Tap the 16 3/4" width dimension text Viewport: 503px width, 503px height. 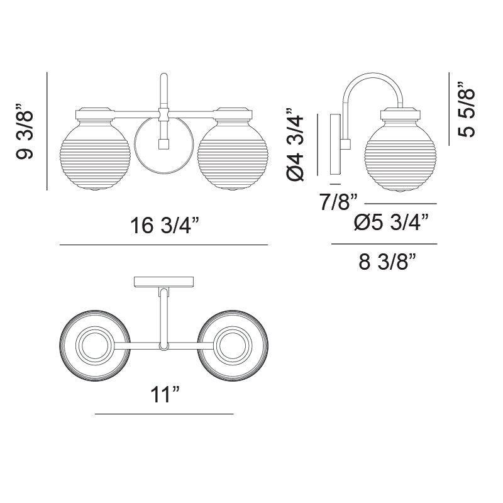pyautogui.click(x=165, y=225)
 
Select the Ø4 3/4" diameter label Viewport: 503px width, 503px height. pyautogui.click(x=296, y=148)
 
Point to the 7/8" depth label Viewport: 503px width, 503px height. pyautogui.click(x=338, y=202)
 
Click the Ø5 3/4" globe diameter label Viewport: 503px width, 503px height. pyautogui.click(x=392, y=223)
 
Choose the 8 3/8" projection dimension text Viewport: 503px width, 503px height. pyautogui.click(x=388, y=262)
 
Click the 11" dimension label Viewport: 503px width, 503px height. pyautogui.click(x=165, y=395)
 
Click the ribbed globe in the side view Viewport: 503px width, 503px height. pyautogui.click(x=399, y=155)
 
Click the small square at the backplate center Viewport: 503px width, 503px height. pyautogui.click(x=164, y=144)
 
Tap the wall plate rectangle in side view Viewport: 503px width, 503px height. pyautogui.click(x=334, y=144)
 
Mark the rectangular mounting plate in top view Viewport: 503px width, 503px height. pyautogui.click(x=164, y=282)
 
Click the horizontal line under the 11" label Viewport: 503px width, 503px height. pyautogui.click(x=164, y=414)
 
